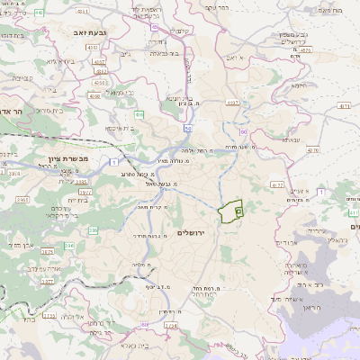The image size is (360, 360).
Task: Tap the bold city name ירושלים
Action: pyautogui.click(x=193, y=233)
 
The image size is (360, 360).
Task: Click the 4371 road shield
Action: pyautogui.click(x=345, y=106)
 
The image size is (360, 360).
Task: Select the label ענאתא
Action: pyautogui.click(x=291, y=139)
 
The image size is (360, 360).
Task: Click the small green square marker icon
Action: pyautogui.click(x=238, y=211)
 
